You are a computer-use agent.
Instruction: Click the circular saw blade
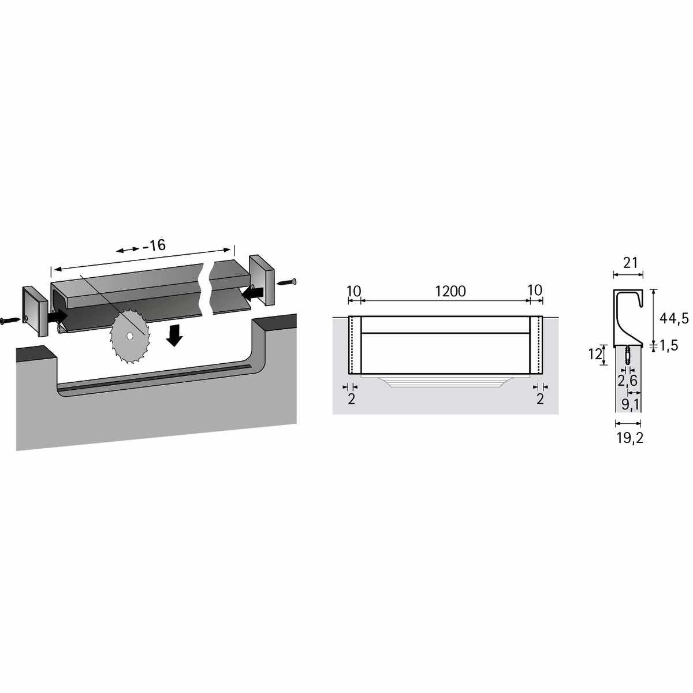coord(130,336)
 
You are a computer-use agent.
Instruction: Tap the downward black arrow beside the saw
coord(175,334)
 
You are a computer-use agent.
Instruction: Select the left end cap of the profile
coord(35,311)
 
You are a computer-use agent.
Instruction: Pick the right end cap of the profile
coord(262,280)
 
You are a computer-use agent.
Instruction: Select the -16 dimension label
coord(154,245)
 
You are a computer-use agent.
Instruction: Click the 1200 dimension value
coord(450,291)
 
